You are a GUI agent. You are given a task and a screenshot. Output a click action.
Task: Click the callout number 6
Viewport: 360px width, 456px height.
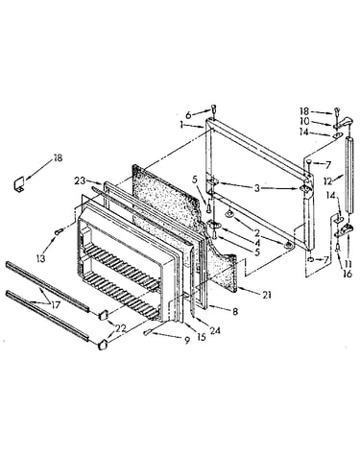coord(188,115)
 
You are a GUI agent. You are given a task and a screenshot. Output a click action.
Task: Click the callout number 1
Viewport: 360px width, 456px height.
coord(181,125)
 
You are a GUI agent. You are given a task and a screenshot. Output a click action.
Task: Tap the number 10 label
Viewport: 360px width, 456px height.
coord(304,121)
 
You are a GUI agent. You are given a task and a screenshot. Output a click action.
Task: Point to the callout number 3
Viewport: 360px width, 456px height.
coord(257,188)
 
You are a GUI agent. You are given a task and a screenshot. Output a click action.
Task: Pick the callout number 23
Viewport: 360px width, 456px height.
coord(81,180)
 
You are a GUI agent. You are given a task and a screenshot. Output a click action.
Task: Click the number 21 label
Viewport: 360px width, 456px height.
coord(267,295)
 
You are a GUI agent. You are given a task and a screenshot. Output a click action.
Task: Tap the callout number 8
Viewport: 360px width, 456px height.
coord(235,311)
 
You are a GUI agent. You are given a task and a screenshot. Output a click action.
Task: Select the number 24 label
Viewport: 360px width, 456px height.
coord(214,330)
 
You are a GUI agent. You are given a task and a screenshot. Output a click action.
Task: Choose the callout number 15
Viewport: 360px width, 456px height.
coord(202,337)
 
